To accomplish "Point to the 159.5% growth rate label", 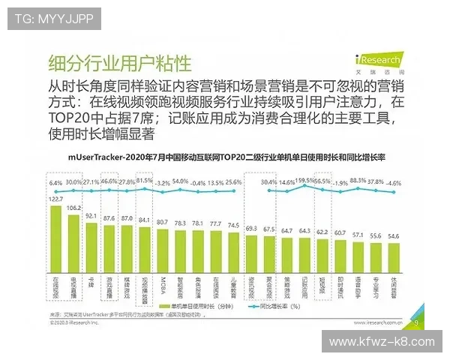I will pos(304,181).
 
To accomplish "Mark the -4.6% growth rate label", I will pos(393,182).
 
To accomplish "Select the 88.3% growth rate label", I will pos(358,181).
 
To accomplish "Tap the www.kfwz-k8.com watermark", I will pos(382,341).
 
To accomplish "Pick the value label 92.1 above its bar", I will pos(92,216).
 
